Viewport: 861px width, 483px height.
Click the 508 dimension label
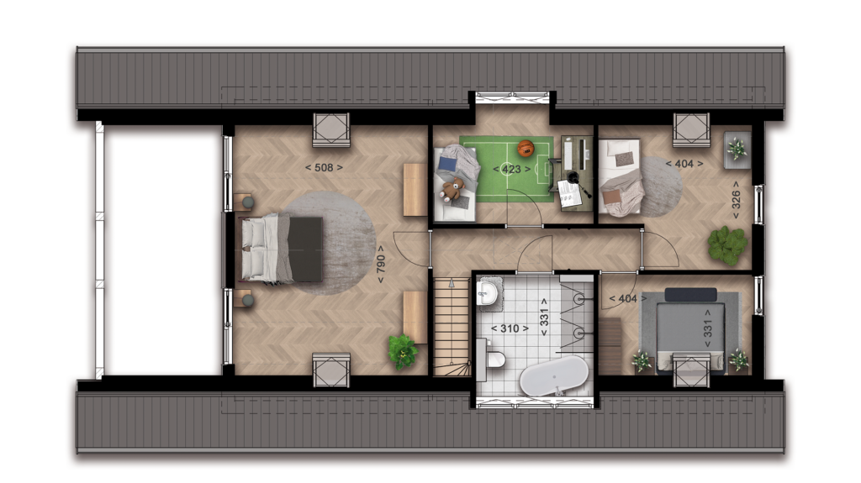coord(324,167)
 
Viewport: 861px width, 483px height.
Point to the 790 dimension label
coord(380,264)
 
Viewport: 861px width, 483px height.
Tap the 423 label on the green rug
coord(512,169)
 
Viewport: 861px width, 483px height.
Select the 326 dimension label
coord(737,200)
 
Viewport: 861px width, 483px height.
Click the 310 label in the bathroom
coord(510,328)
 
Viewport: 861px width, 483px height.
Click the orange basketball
coord(526,148)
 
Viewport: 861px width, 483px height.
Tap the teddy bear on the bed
coord(452,189)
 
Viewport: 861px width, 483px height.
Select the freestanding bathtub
coord(553,375)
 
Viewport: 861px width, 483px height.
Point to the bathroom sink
coord(487,292)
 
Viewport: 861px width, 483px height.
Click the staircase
coord(452,327)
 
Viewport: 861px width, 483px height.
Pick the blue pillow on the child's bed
coord(447,165)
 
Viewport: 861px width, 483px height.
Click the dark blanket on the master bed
coord(305,249)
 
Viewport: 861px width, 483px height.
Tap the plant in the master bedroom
coord(403,352)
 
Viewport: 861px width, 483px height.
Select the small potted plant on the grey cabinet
coord(737,149)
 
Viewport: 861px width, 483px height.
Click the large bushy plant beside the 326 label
coord(727,244)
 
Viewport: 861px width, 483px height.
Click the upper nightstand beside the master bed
coord(244,202)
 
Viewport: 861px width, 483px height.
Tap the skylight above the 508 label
coord(331,130)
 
